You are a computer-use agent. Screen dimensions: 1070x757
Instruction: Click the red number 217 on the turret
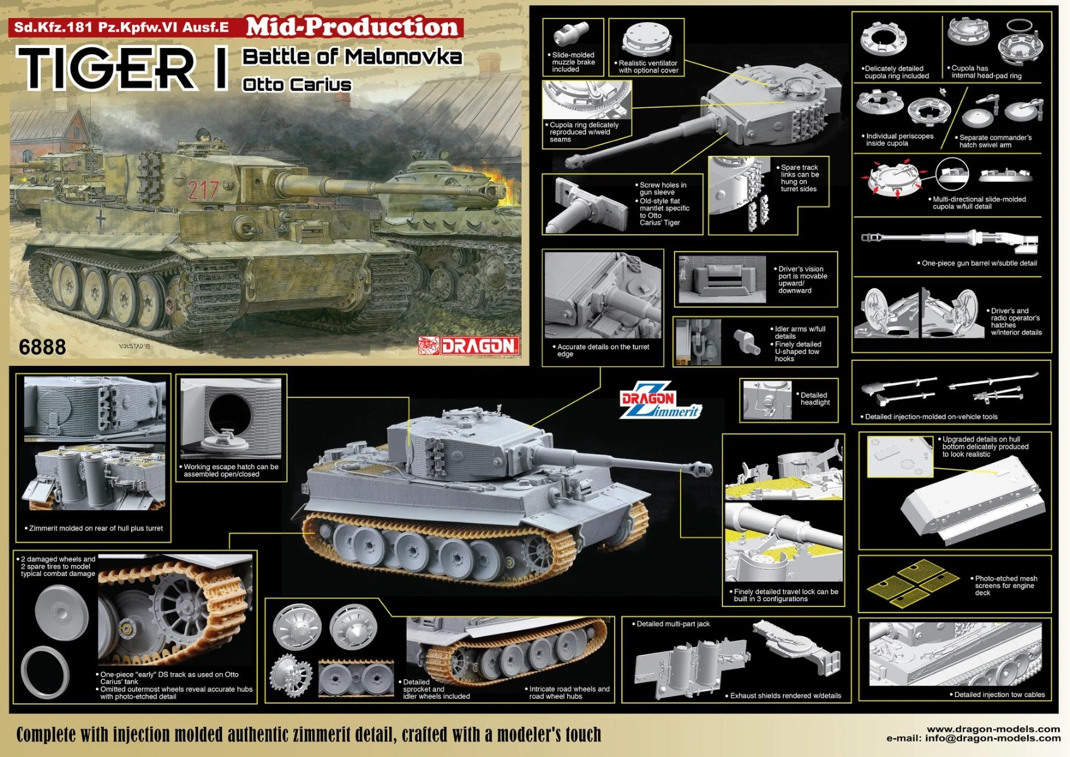pyautogui.click(x=203, y=190)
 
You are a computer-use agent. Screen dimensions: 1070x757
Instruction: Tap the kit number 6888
pyautogui.click(x=42, y=347)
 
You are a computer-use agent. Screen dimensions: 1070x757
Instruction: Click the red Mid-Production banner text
pyautogui.click(x=353, y=27)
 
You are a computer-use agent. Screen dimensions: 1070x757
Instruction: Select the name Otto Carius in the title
pyautogui.click(x=297, y=85)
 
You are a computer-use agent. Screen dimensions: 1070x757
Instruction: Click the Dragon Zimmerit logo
pyautogui.click(x=661, y=400)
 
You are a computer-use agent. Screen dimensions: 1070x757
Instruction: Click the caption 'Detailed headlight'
pyautogui.click(x=815, y=399)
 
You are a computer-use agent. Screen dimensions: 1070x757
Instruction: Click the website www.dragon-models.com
pyautogui.click(x=993, y=729)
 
